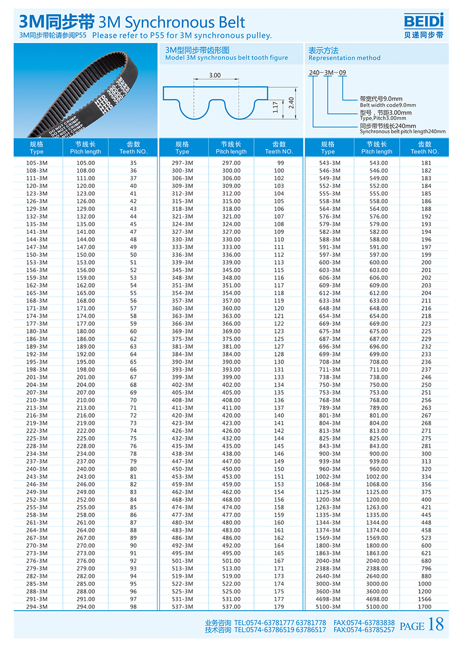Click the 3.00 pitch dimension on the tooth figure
coord(215,75)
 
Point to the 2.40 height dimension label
coord(291,103)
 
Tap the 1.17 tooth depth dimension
coord(275,107)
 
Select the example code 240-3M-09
coord(327,73)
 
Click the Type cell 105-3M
coord(37,163)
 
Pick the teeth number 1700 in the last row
coord(424,607)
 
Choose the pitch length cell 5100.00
coord(377,607)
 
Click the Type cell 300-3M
coord(182,171)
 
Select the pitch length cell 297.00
coord(231,163)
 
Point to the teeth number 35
coord(133,163)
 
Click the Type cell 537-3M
coord(182,607)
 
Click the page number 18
coord(436,624)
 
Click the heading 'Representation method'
coord(344,58)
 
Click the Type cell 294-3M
coord(37,607)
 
